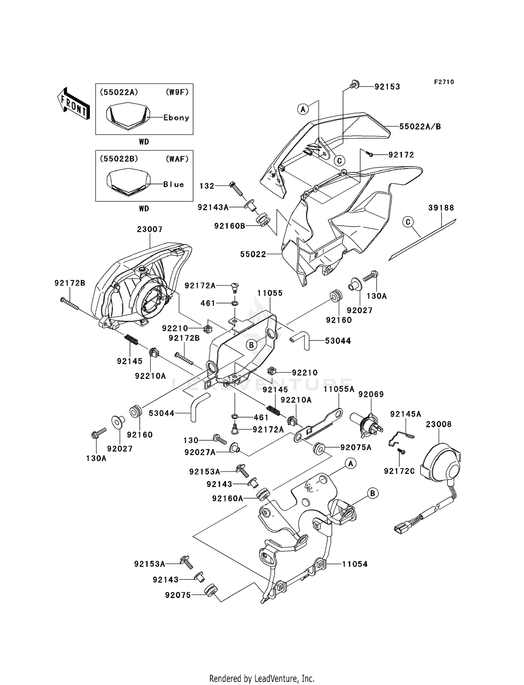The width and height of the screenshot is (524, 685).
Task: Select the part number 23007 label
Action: click(150, 229)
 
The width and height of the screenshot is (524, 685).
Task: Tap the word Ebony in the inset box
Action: click(176, 118)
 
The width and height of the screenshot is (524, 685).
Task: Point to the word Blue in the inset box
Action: click(174, 184)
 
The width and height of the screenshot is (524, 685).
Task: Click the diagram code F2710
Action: click(444, 82)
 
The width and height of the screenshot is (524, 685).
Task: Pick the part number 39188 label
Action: click(441, 208)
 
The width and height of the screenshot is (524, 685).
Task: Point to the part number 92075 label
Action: click(178, 595)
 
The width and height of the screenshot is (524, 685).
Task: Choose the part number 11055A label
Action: click(339, 389)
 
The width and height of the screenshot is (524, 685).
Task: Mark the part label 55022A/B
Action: click(420, 126)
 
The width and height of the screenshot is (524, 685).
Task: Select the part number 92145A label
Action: click(406, 414)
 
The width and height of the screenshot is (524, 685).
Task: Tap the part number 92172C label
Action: click(399, 471)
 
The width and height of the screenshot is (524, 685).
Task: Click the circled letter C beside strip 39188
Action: click(408, 222)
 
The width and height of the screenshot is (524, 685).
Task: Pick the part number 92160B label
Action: click(230, 226)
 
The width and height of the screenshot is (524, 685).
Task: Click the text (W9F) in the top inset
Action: click(177, 92)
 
